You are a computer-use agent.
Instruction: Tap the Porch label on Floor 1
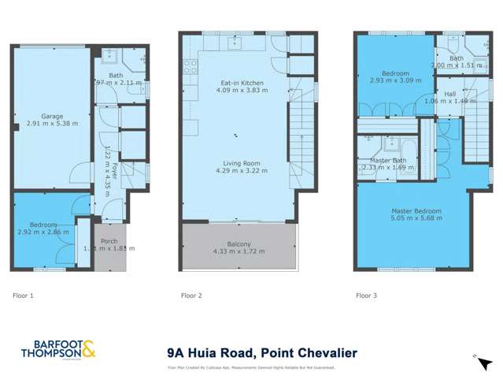(109, 240)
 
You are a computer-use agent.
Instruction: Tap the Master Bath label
(386, 160)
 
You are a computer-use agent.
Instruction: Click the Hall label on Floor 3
(449, 94)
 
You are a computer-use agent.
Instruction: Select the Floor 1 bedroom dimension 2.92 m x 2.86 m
(42, 232)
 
